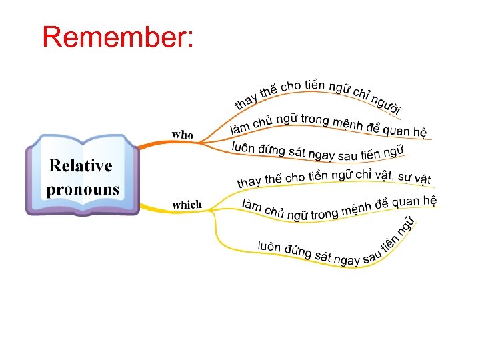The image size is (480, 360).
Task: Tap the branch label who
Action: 183,135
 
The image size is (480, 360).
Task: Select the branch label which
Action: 187,205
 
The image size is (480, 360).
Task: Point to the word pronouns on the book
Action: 83,189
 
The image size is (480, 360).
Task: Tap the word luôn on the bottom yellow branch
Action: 270,247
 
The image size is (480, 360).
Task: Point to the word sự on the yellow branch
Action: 403,178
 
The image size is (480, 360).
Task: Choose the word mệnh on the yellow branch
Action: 357,209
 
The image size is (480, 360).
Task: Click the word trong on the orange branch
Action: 314,120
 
